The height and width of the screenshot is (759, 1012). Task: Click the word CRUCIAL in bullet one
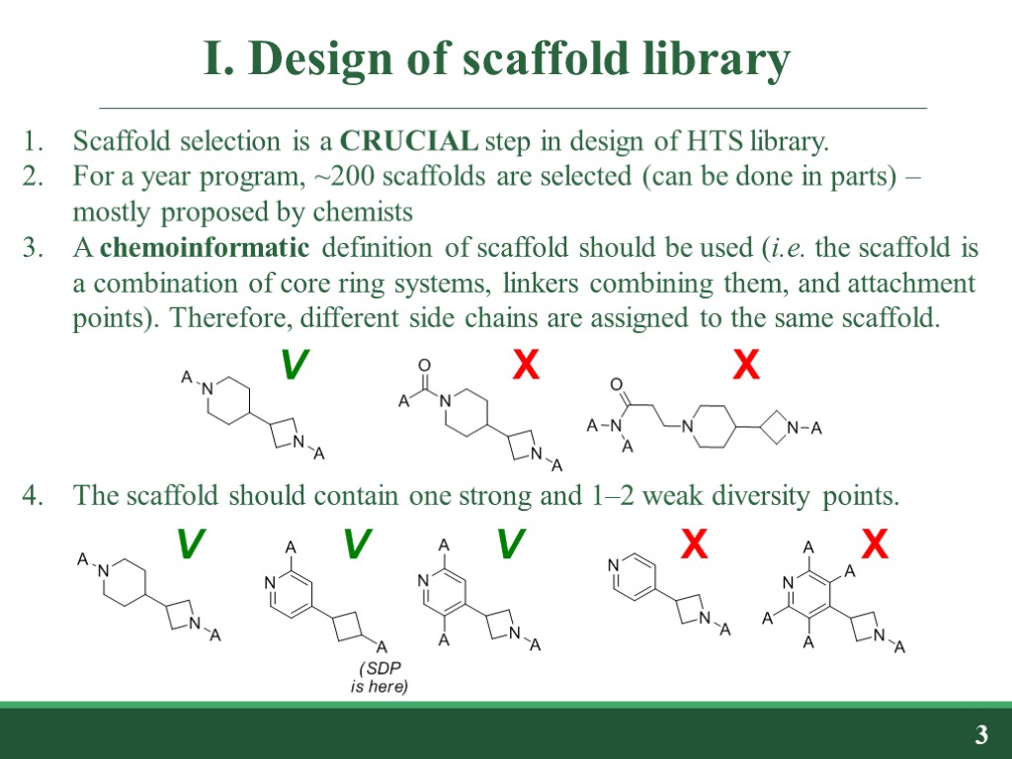(409, 141)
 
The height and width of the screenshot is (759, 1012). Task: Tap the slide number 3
(980, 734)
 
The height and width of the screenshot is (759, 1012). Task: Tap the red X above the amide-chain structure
(745, 368)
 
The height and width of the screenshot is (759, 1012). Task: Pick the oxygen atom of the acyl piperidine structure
(425, 365)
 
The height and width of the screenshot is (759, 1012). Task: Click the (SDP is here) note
(379, 677)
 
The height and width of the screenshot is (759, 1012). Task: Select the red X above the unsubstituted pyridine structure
(695, 544)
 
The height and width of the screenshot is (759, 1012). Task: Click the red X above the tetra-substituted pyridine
(875, 544)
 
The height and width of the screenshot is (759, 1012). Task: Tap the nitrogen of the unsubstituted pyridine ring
(614, 565)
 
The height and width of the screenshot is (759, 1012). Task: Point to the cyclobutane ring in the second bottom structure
(348, 625)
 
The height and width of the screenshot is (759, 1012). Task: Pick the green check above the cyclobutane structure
(357, 544)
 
